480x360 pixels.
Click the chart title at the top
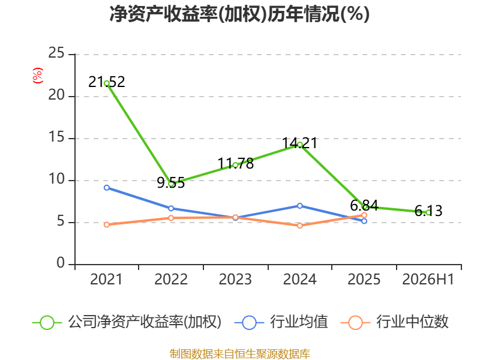[239, 14]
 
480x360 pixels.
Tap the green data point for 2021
[107, 83]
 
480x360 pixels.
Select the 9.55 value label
[171, 183]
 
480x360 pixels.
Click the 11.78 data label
[235, 163]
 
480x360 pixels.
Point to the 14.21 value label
[299, 143]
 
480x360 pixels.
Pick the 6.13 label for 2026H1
[428, 211]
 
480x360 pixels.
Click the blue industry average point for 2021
[107, 188]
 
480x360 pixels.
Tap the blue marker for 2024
[299, 206]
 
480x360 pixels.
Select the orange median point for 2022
[171, 218]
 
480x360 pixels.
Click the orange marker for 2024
[299, 226]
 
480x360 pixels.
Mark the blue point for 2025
[364, 221]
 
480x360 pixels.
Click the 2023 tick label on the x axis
[235, 280]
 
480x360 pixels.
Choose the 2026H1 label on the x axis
[428, 280]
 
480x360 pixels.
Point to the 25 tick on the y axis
[56, 53]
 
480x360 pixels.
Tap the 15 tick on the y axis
[56, 137]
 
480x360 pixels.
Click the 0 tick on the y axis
[61, 263]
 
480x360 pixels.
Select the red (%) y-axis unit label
[37, 76]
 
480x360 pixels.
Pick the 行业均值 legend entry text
[299, 322]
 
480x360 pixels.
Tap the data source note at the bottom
[240, 354]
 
